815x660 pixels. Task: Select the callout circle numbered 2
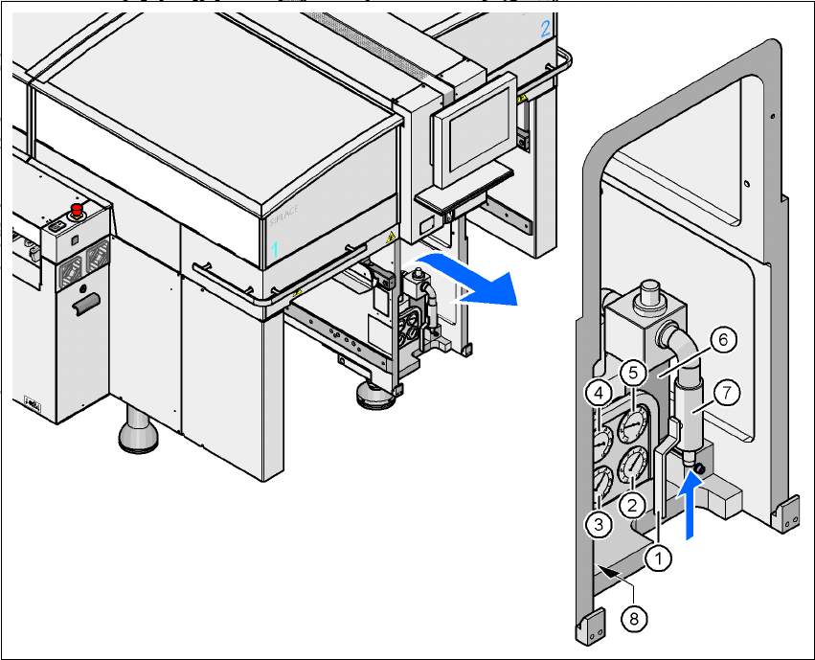click(631, 503)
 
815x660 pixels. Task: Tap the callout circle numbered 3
click(598, 523)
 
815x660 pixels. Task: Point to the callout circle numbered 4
click(599, 392)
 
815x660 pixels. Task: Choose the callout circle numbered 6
click(723, 339)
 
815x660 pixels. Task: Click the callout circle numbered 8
click(632, 618)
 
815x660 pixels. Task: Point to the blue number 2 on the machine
click(545, 29)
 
